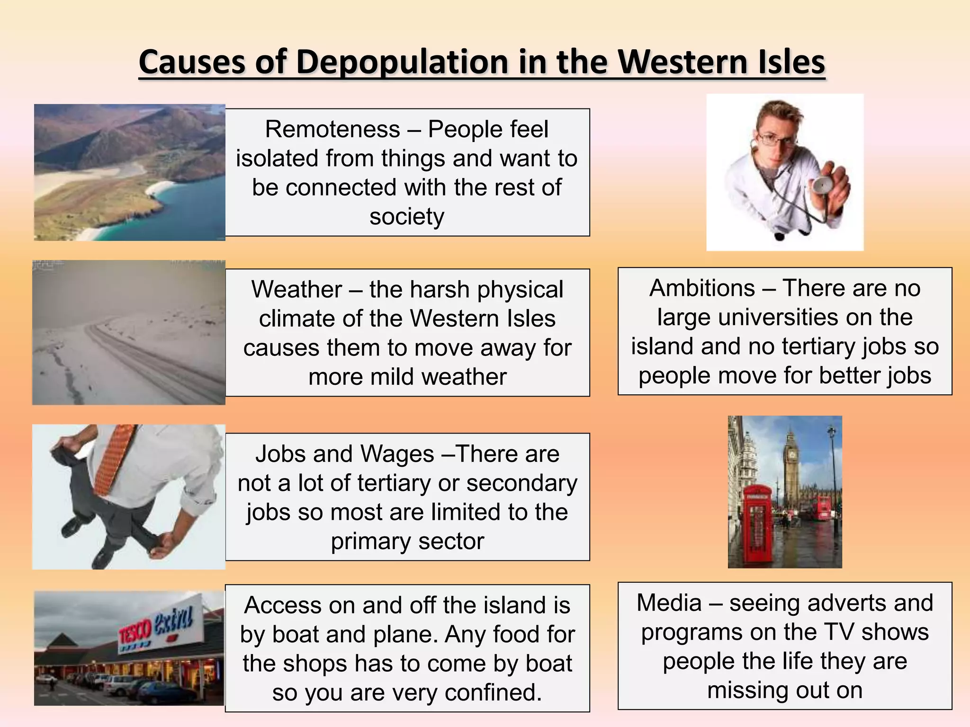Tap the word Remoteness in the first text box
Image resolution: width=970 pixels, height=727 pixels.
332,129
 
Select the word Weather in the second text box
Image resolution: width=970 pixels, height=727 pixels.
296,289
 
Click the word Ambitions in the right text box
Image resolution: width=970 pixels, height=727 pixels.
702,288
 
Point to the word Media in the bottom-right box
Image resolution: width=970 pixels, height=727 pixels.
669,603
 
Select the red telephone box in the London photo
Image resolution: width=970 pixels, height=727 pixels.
757,525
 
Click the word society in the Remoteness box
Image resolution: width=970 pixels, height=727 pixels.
407,217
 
